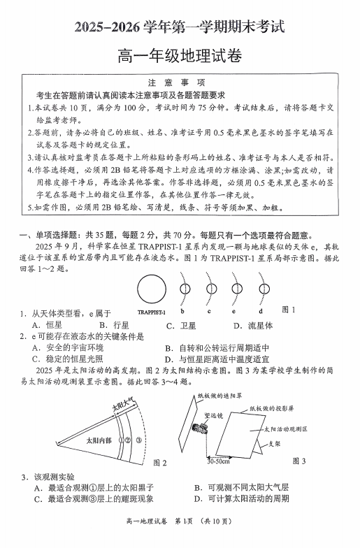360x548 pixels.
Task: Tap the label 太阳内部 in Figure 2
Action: click(99, 441)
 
